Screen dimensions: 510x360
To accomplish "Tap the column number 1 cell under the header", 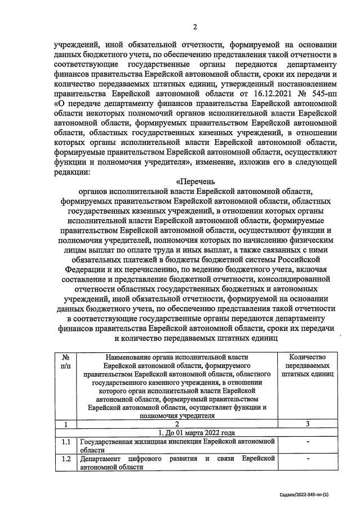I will click(66, 424).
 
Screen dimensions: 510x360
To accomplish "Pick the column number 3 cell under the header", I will click(307, 424).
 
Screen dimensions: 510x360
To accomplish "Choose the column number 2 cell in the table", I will click(177, 424).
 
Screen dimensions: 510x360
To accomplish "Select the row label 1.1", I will click(66, 442).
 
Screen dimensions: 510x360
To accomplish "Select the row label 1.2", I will click(66, 460).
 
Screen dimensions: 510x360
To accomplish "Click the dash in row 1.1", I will click(307, 442).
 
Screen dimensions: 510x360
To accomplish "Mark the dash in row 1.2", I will click(307, 460).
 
